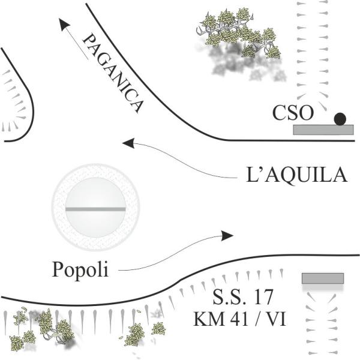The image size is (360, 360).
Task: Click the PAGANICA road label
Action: tap(113, 73)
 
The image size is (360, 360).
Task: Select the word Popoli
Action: tap(80, 269)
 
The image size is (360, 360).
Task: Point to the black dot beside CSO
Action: tap(340, 119)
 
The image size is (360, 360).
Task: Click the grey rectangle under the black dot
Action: tap(323, 130)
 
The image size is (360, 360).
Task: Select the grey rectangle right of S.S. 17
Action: tap(323, 278)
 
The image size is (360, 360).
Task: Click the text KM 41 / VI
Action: tap(239, 318)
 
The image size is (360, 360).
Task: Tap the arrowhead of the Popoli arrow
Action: tap(227, 236)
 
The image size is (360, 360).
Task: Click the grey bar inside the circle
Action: tap(95, 209)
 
